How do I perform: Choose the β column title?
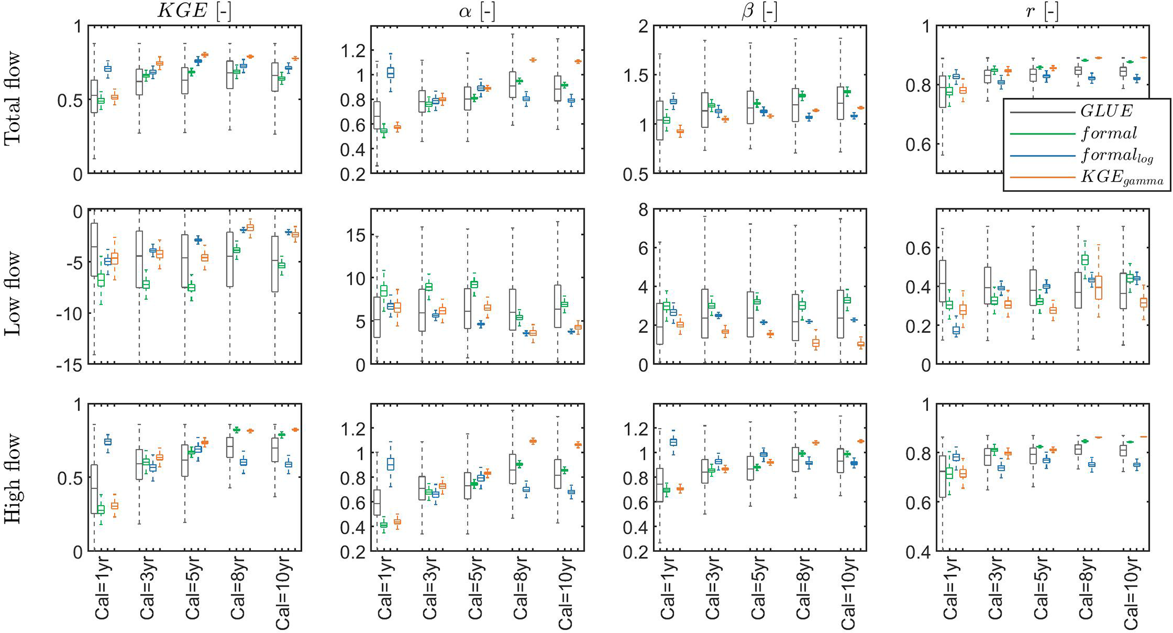tap(759, 11)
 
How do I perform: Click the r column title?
tap(1042, 11)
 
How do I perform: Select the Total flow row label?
tap(12, 99)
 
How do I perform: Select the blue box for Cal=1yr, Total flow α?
tap(390, 73)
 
